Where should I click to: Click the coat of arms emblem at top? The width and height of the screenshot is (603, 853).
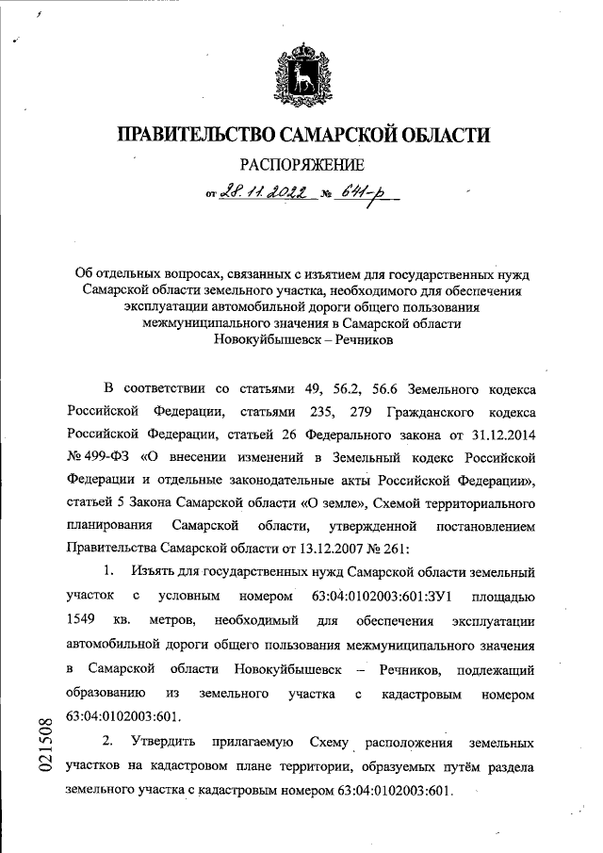click(301, 73)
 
